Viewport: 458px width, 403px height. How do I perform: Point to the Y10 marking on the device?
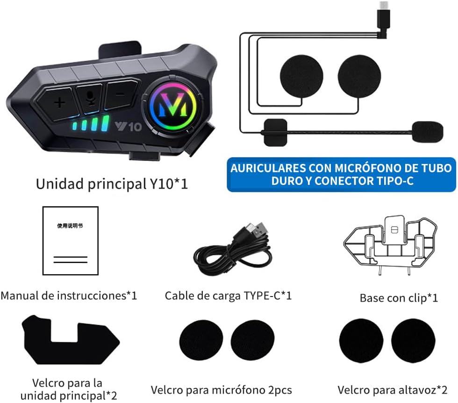tap(128, 127)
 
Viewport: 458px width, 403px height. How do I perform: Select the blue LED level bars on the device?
tap(91, 123)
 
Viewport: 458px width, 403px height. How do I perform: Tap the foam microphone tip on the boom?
tap(427, 132)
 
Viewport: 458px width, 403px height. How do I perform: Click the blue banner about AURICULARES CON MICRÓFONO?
tap(341, 175)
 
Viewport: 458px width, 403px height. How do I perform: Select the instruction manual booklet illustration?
tap(71, 241)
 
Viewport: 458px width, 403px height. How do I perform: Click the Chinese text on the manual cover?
tap(70, 226)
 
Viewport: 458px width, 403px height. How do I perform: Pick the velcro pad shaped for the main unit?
tap(71, 340)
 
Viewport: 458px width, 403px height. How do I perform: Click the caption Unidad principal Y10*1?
tap(112, 184)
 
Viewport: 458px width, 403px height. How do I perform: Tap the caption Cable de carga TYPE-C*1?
tap(228, 296)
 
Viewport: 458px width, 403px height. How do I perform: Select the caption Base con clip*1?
tap(399, 298)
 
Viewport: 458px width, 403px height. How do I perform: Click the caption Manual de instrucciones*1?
tap(69, 296)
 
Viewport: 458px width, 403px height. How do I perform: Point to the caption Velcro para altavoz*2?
tap(392, 390)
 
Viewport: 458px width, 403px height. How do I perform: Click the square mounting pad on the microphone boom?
tap(275, 132)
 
